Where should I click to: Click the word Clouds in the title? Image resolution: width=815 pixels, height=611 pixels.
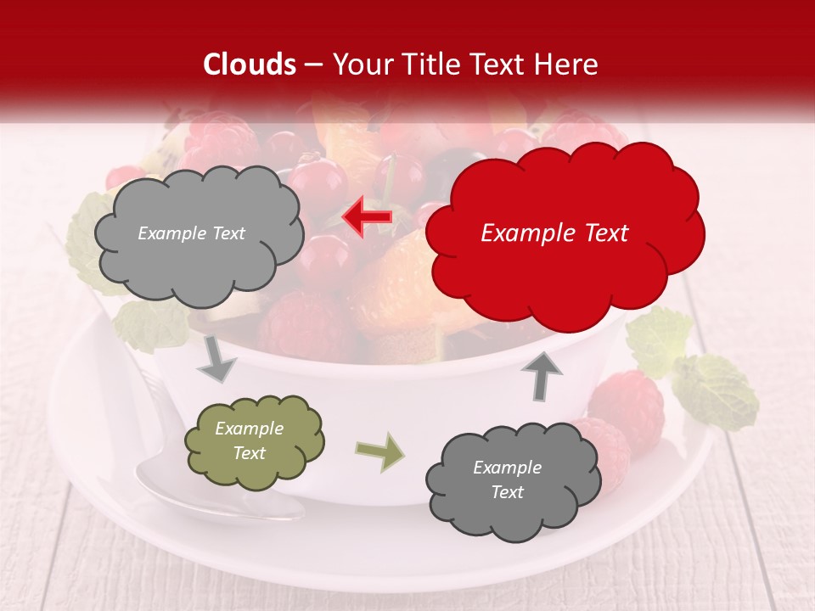[250, 64]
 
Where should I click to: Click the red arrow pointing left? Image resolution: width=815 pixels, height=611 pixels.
[367, 217]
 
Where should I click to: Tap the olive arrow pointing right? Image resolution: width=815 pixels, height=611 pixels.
[379, 451]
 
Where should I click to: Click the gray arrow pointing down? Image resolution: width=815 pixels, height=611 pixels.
[216, 359]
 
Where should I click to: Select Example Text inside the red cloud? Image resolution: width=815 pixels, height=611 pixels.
[554, 233]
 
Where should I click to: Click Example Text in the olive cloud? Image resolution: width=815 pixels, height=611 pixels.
[249, 441]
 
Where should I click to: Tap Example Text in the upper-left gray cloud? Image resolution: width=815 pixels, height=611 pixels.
[191, 233]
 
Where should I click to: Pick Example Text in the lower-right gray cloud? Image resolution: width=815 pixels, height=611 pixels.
[507, 479]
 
